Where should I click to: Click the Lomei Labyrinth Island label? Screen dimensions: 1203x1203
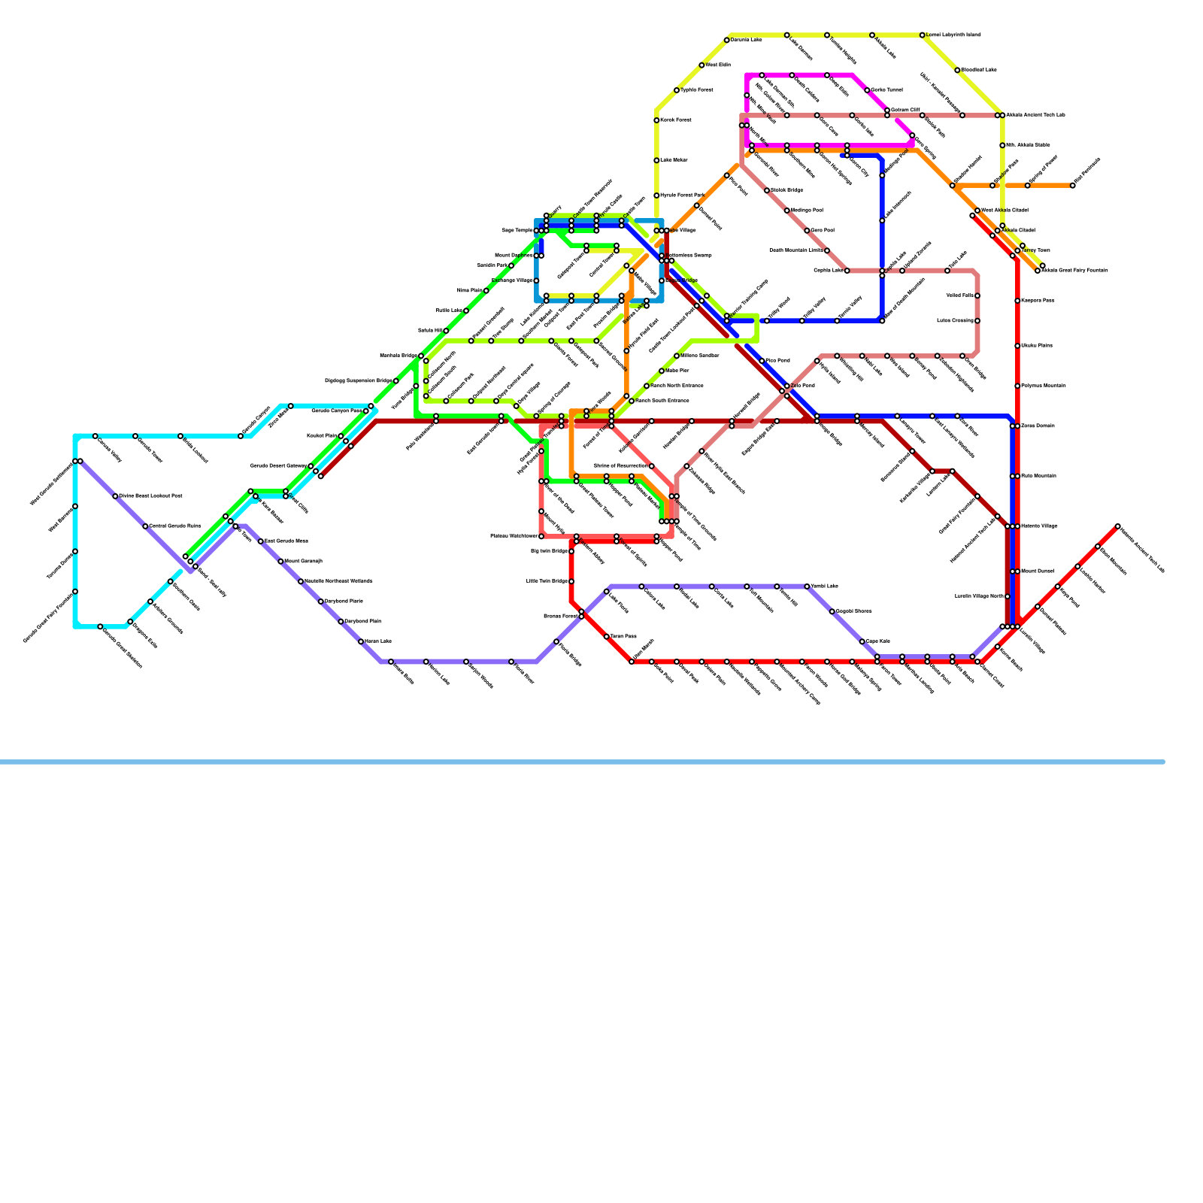coord(953,35)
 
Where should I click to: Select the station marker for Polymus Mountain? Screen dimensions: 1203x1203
coord(1017,386)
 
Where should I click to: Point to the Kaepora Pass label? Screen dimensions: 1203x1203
coord(1038,301)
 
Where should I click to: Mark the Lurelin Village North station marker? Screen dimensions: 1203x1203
coord(1008,596)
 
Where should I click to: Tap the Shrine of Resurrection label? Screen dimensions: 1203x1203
coord(620,466)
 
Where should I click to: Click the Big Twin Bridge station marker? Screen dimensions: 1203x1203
coord(571,551)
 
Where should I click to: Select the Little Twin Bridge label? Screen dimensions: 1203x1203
coord(547,581)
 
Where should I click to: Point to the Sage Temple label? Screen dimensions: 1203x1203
coord(517,231)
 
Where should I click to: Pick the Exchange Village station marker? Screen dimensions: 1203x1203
coord(536,280)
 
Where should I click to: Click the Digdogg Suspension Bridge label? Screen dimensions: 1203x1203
coord(359,381)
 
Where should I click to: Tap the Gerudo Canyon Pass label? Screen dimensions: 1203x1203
coord(337,411)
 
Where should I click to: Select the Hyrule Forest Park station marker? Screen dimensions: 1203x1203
coord(656,195)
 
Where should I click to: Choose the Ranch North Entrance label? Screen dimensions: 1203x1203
coord(677,386)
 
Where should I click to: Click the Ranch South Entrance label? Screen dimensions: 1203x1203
coord(662,401)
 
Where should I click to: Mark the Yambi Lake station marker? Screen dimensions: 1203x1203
coord(807,586)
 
